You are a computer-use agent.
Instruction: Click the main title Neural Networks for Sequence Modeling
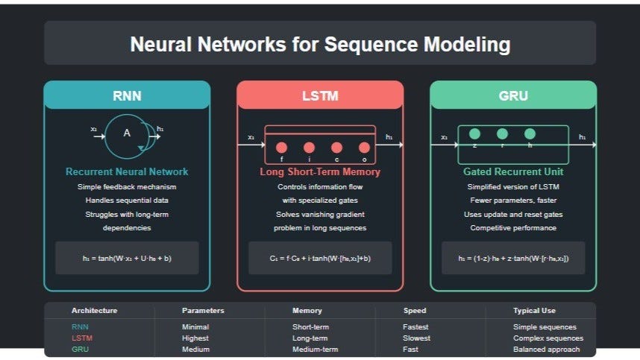point(320,44)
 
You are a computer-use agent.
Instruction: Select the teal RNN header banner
point(127,95)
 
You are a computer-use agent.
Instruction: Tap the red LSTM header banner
point(320,95)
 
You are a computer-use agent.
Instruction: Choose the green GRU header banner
point(513,95)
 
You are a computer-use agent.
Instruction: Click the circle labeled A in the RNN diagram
point(127,134)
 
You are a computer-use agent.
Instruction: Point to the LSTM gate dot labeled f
point(282,148)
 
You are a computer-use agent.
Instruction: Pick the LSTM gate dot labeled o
point(364,148)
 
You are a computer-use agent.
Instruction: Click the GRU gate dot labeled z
point(474,134)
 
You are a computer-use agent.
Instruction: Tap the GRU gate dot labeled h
point(530,134)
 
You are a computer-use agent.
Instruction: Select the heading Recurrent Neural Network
point(127,172)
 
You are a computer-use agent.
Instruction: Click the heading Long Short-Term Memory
point(320,172)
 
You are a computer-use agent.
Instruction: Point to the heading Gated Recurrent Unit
point(513,172)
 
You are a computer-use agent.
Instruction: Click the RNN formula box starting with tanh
point(127,258)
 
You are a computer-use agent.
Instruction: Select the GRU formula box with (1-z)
point(513,258)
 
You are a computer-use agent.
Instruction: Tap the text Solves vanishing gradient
point(320,215)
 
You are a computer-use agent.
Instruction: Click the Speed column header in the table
point(415,311)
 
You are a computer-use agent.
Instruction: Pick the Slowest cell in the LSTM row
point(416,338)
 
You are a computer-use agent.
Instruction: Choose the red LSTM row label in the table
point(81,338)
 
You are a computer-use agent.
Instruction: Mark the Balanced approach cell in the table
point(548,349)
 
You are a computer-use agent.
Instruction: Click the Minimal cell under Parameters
point(195,326)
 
